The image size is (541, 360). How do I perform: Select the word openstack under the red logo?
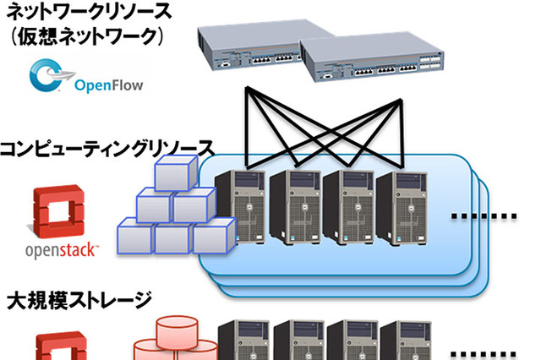coord(62,251)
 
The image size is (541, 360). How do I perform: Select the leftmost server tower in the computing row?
coord(239,206)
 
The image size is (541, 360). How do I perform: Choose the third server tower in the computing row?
coord(346,206)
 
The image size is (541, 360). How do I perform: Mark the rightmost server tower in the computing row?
coord(398,206)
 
